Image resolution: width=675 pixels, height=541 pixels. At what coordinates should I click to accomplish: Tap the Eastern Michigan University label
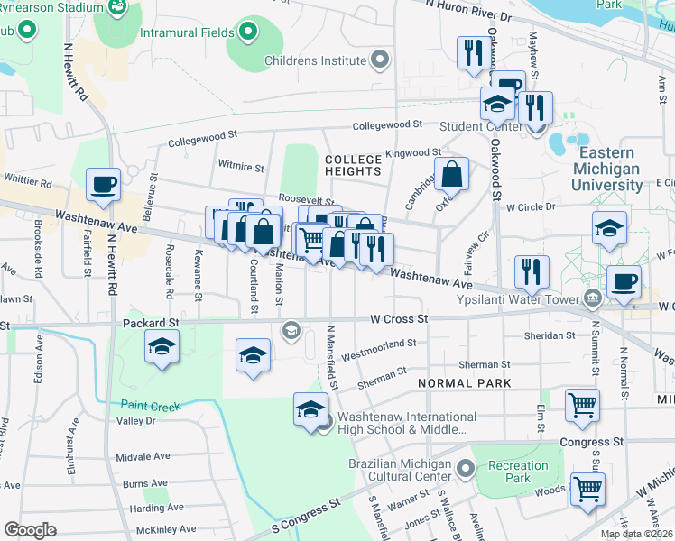click(608, 169)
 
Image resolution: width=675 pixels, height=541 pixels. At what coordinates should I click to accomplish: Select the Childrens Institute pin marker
click(381, 61)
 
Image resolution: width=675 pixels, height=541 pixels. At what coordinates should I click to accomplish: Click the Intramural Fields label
click(188, 32)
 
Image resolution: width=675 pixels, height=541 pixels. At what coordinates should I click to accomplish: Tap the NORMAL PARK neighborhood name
click(465, 383)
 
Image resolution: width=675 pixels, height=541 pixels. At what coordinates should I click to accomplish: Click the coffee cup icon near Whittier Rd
click(103, 184)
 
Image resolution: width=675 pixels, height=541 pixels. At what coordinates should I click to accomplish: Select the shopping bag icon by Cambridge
click(451, 174)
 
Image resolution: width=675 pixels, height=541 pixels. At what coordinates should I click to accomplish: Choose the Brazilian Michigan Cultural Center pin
click(466, 469)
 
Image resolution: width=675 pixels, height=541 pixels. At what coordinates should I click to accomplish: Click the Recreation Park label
click(519, 472)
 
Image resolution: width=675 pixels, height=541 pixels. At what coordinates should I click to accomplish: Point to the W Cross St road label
click(398, 318)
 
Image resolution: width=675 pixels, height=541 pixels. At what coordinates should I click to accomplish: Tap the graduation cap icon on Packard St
click(162, 346)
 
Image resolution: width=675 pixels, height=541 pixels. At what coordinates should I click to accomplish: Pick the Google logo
click(30, 530)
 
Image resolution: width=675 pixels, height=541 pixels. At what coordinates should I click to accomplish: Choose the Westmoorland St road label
click(379, 343)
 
